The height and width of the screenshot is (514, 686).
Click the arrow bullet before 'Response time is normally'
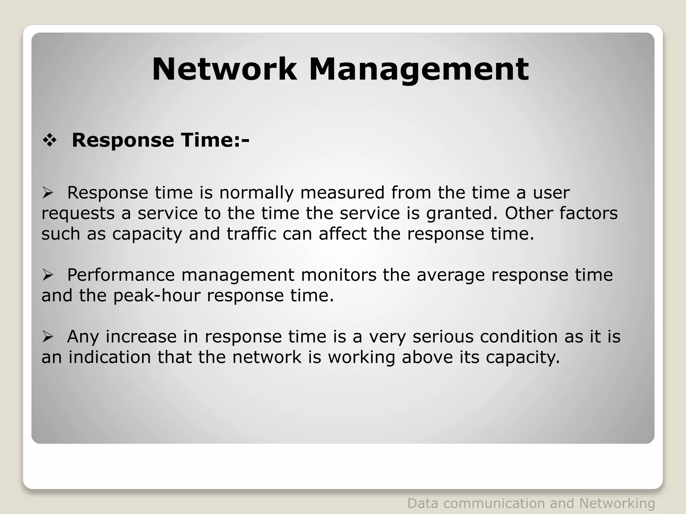point(48,193)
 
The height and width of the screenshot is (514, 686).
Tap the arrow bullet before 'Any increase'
point(48,337)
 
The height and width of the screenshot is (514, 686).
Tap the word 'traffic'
point(251,234)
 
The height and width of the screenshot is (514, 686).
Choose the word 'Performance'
point(121,275)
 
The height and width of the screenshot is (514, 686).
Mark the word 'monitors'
point(339,275)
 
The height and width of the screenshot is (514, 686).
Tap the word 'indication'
point(110,357)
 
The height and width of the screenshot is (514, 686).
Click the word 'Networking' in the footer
point(617,503)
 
